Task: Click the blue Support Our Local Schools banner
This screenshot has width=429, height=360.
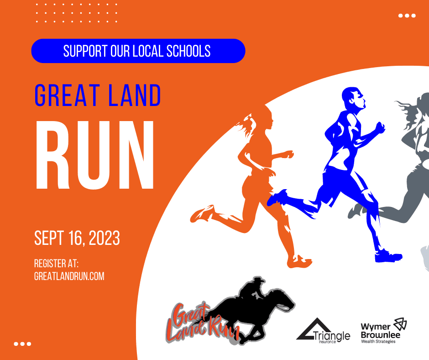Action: [x=138, y=51]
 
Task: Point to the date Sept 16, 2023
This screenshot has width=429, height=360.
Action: [x=77, y=238]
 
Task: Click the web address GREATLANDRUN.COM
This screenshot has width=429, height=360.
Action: [x=69, y=276]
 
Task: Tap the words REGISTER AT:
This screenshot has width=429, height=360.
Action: [x=57, y=264]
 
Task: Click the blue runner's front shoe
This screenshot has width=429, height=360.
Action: [x=388, y=255]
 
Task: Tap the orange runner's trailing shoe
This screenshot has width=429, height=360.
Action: [x=202, y=213]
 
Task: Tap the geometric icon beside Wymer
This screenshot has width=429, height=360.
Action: [x=400, y=324]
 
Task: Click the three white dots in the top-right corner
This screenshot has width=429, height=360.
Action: [x=407, y=16]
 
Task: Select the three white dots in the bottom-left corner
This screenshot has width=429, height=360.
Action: [x=22, y=344]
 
